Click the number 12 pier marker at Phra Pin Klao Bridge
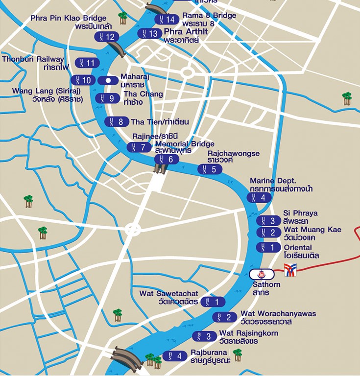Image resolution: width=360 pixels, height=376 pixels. click(106, 37)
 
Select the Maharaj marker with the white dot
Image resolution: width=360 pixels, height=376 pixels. click(108, 80)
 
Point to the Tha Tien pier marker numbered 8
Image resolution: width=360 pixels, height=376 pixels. click(117, 122)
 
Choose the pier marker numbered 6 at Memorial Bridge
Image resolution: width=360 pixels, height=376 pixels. click(167, 159)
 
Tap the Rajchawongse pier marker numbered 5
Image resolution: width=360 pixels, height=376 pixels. click(210, 169)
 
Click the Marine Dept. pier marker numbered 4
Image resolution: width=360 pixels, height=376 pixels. click(259, 197)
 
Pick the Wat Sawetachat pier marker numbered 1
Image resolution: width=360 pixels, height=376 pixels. click(213, 302)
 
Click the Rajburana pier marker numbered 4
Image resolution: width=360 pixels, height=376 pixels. click(175, 355)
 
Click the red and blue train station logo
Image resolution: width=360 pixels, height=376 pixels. click(290, 270)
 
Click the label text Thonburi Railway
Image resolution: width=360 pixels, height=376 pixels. click(33, 59)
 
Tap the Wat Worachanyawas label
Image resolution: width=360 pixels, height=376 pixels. click(278, 313)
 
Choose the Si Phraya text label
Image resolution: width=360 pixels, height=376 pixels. click(300, 213)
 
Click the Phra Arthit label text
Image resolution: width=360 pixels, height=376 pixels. click(186, 32)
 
